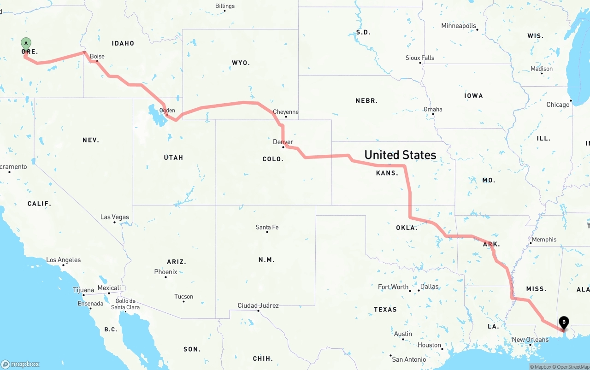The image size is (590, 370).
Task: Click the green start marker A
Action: [x=26, y=44]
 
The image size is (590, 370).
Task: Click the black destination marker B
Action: [x=563, y=323]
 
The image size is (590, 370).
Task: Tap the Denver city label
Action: [x=283, y=142]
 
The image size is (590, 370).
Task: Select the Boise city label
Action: [x=97, y=56]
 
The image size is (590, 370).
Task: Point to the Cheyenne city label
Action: [x=286, y=112]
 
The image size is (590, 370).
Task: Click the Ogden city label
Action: [x=167, y=110]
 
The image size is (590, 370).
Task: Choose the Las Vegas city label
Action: [x=115, y=217]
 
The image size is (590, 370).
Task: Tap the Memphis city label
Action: [x=544, y=240]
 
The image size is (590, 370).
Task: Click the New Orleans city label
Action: [x=530, y=340]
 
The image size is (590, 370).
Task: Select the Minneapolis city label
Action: [x=459, y=26]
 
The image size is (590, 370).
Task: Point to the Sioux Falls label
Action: [x=420, y=58]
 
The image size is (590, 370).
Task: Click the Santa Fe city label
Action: [x=267, y=227]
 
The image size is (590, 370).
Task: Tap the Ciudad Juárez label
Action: [x=258, y=305]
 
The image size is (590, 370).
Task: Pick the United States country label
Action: [x=400, y=155]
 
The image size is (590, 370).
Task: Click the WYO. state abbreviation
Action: [x=241, y=63]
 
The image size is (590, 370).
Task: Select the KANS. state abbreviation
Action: [x=387, y=173]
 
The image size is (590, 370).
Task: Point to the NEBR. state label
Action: [x=366, y=100]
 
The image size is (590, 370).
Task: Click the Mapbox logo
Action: [x=20, y=364]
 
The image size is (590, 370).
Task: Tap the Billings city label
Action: [x=225, y=6]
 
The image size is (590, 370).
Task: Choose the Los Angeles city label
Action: [x=63, y=260]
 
